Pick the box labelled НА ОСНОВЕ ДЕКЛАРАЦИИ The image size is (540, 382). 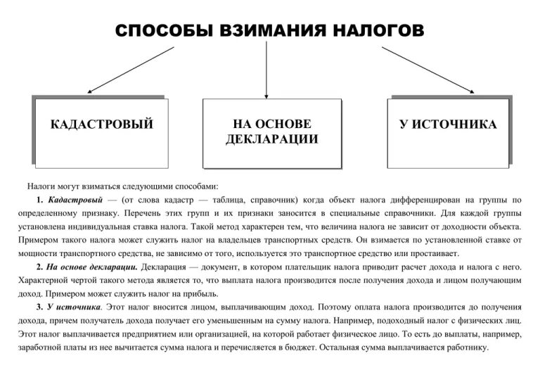tap(271, 132)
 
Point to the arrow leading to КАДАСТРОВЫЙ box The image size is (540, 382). tap(131, 70)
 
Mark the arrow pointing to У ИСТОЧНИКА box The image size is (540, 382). tap(427, 70)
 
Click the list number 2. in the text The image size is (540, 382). tap(39, 267)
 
